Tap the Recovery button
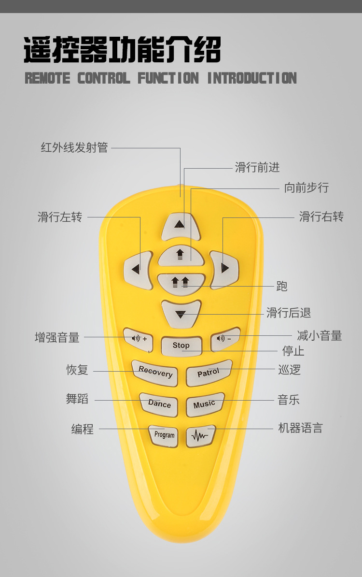(155, 373)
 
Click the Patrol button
(209, 373)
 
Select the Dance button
(159, 404)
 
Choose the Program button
(164, 435)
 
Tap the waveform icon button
(200, 436)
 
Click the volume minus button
(224, 338)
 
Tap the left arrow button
(137, 270)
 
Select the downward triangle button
(181, 313)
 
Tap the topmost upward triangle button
(180, 226)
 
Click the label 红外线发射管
(74, 148)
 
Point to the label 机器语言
(300, 428)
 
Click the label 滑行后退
(289, 313)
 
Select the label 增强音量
(57, 337)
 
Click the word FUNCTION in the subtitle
(168, 78)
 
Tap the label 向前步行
(306, 188)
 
